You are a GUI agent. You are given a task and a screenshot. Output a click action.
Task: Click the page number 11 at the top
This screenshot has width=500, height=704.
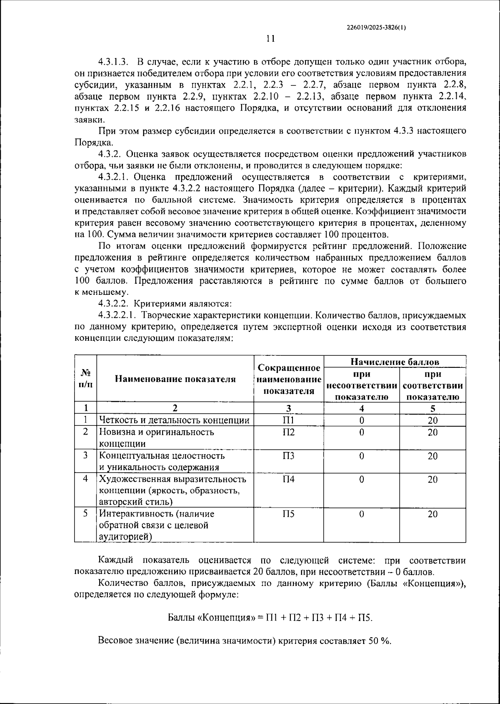click(270, 39)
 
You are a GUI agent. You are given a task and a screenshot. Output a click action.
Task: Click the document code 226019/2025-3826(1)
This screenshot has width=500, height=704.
click(376, 28)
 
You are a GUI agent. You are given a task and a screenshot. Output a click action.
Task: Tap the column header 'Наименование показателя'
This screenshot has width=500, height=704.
click(175, 379)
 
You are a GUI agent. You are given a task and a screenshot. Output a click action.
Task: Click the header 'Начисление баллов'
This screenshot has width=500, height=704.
click(395, 361)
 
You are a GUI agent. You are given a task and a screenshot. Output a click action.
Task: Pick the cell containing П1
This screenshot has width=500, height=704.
click(288, 420)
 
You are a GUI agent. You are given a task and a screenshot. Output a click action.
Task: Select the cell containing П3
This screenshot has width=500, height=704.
click(288, 455)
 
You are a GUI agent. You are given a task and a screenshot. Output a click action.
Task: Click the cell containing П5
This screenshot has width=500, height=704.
click(288, 514)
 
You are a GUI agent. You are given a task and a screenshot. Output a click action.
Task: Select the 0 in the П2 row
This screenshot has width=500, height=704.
click(361, 432)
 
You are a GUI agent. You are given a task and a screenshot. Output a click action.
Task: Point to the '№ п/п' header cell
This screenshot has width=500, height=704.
click(85, 379)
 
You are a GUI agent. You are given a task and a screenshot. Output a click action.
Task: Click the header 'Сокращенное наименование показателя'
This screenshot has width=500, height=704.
click(289, 379)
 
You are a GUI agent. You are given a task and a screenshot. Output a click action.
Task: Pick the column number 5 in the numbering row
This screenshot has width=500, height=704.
click(432, 408)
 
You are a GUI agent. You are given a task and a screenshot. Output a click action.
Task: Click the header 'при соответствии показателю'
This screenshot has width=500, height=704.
click(432, 385)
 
